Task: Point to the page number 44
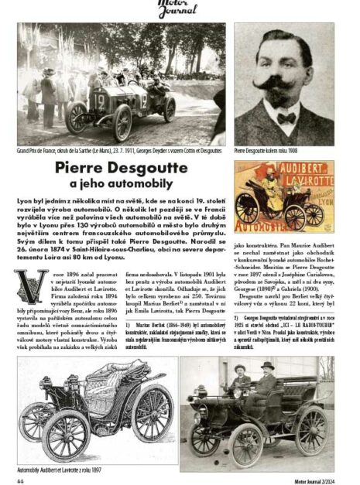(21, 478)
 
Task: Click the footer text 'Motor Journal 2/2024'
(310, 478)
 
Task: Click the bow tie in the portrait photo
(287, 118)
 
